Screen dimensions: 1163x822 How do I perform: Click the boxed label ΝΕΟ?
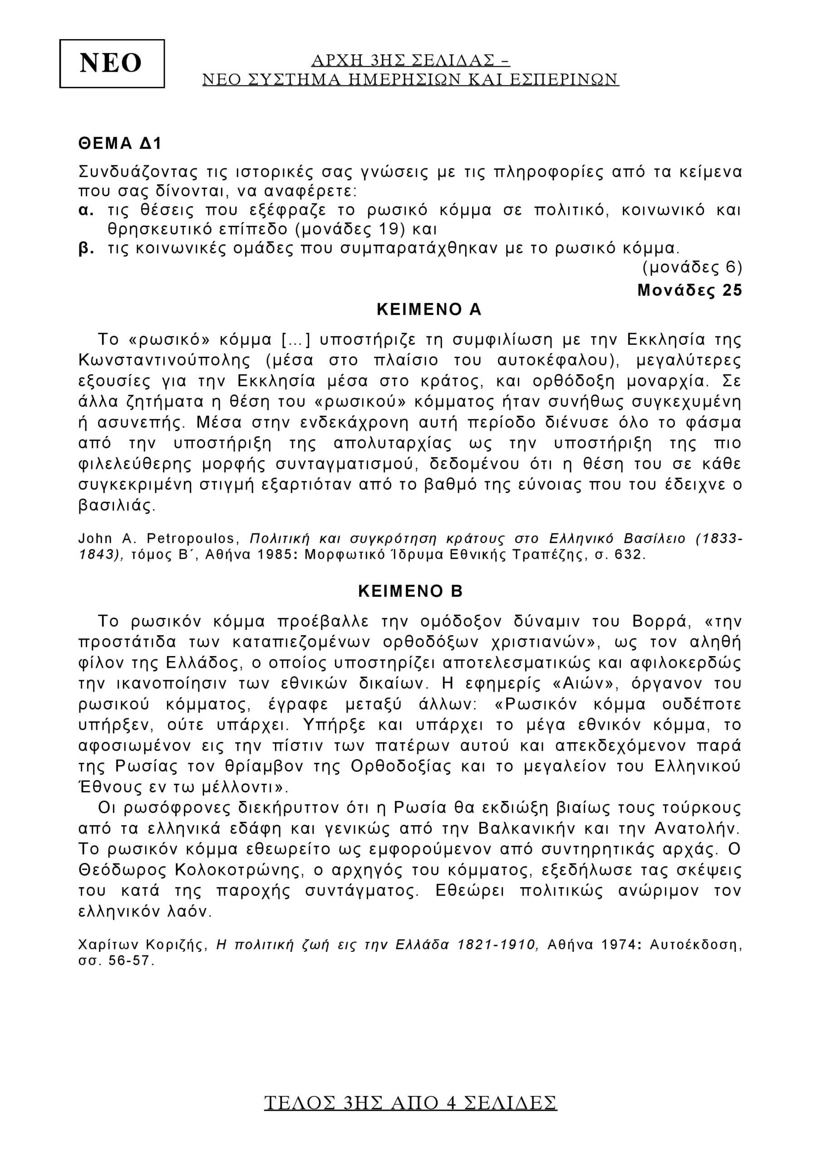(111, 64)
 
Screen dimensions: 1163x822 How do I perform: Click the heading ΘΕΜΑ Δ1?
(120, 144)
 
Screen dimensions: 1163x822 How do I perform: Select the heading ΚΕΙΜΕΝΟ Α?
(429, 309)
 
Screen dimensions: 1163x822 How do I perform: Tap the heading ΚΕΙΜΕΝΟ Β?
(410, 591)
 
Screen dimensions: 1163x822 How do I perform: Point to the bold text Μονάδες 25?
(689, 290)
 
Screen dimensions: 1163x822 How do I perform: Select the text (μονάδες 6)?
(692, 267)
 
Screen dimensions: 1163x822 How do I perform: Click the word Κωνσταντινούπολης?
(164, 360)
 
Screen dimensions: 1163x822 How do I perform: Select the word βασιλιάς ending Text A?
(117, 506)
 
